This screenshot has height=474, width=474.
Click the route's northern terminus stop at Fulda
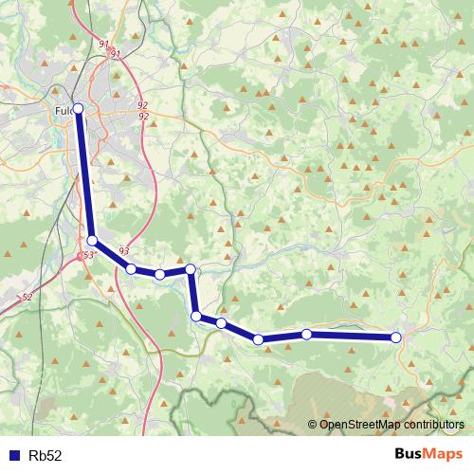point(79,109)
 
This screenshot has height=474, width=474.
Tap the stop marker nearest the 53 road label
point(93,241)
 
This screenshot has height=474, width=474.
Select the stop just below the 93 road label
point(131,269)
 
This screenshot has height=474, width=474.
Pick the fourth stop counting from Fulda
point(160,274)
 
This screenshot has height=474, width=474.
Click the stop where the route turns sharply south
point(191,269)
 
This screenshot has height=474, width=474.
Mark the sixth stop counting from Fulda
point(196,316)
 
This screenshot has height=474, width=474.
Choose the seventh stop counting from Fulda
point(221,323)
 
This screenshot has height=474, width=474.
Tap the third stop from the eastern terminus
point(258,338)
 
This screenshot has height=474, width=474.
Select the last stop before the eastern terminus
point(306,334)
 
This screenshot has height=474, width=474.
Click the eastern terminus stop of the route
point(396,337)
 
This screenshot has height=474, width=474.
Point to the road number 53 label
point(88,256)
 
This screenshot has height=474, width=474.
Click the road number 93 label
point(123,251)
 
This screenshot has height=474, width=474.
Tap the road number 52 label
point(27,298)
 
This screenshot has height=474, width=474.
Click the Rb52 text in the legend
point(46,455)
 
